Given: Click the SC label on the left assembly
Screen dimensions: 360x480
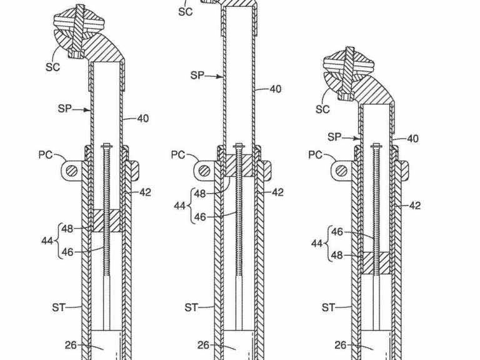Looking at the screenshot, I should click(x=52, y=67).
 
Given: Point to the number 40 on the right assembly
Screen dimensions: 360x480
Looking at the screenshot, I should click(x=412, y=139).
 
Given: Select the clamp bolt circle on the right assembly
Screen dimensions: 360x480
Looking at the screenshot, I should click(x=342, y=170).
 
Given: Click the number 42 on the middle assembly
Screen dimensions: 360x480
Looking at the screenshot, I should click(x=277, y=193).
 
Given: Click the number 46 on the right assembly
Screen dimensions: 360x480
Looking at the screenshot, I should click(x=337, y=231).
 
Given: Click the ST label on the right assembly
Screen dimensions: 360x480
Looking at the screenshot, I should click(x=328, y=307).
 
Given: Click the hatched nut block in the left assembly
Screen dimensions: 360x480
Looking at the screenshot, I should click(x=106, y=221).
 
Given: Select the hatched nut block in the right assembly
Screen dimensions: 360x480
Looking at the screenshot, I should click(x=376, y=262).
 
